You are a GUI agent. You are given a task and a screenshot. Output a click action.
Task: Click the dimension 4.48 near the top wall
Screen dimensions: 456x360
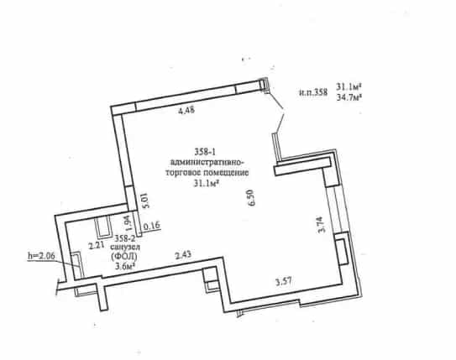click(x=186, y=110)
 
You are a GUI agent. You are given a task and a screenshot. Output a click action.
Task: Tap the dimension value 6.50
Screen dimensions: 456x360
click(x=251, y=197)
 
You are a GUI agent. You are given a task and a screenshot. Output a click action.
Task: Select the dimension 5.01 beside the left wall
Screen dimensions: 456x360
click(x=145, y=201)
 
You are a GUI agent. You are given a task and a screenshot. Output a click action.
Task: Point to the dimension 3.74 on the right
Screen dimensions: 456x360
click(x=322, y=225)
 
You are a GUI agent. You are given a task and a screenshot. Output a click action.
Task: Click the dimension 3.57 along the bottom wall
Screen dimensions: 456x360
click(x=284, y=281)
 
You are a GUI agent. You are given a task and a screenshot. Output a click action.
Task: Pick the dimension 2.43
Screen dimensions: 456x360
click(x=183, y=255)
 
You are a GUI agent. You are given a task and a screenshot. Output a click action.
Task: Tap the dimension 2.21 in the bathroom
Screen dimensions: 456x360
click(x=97, y=246)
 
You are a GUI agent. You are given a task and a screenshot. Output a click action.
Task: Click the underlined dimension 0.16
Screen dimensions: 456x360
click(x=152, y=225)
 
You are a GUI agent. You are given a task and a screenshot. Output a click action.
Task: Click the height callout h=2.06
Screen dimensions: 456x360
click(x=41, y=256)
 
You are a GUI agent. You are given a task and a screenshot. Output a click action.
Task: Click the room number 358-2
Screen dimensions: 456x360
click(x=125, y=238)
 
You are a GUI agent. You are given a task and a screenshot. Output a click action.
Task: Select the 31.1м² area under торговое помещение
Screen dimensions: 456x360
click(x=206, y=183)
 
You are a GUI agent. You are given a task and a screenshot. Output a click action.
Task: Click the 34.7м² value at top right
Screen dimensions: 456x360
click(x=349, y=97)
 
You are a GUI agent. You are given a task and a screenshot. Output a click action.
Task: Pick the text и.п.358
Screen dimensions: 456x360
click(x=313, y=92)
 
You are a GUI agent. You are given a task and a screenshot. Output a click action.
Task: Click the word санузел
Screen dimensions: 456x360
click(x=125, y=248)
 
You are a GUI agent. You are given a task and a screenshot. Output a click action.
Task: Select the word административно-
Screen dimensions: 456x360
click(x=207, y=162)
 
